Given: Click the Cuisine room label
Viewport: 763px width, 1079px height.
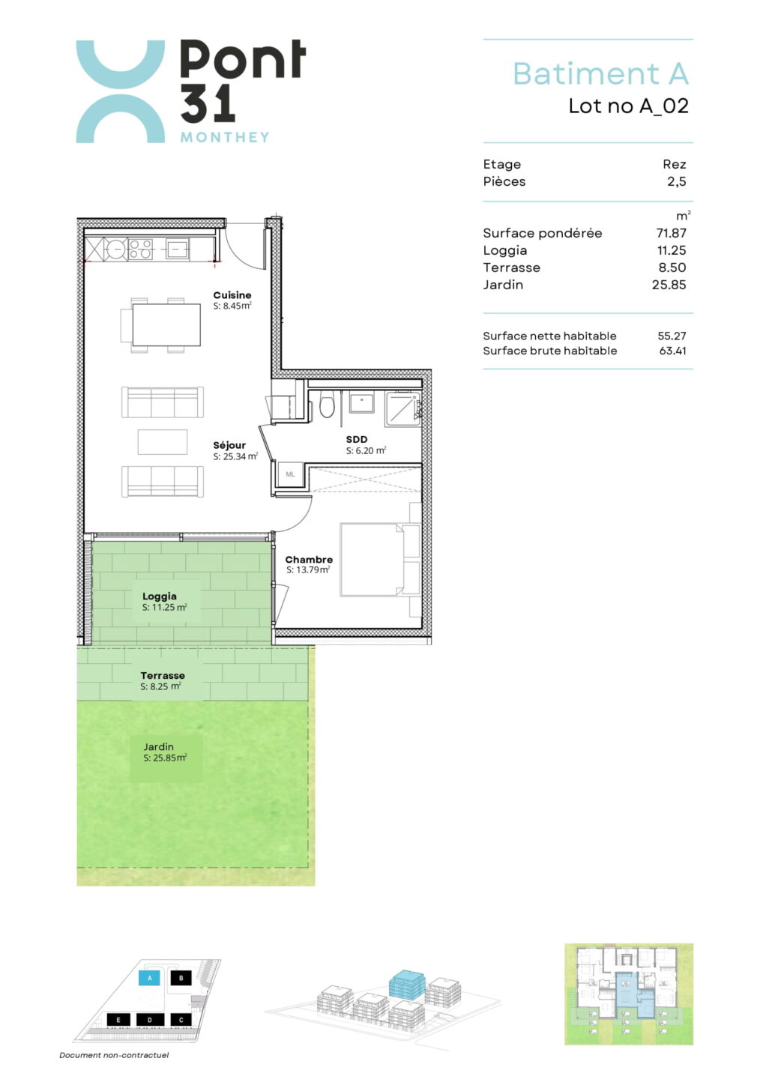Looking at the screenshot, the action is [232, 294].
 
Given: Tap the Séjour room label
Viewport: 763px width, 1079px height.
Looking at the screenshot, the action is [229, 446].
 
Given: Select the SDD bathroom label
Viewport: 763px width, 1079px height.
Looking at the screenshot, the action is [357, 439].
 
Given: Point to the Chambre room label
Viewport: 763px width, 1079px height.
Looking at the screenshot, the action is [309, 559].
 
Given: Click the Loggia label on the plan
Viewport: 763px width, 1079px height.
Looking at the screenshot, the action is [160, 596].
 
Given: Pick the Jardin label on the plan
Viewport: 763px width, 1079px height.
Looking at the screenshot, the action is [158, 746].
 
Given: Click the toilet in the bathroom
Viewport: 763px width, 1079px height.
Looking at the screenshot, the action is [327, 405].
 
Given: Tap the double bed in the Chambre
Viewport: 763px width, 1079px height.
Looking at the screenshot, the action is [380, 560].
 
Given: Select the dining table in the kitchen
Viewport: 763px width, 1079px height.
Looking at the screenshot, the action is [166, 324].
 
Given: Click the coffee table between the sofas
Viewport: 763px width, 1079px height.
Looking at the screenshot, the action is [163, 442].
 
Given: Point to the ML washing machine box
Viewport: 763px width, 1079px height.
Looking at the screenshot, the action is [290, 474].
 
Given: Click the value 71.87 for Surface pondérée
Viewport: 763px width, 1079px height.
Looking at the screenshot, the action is [671, 233].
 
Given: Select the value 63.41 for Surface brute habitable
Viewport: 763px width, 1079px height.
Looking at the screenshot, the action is [672, 351].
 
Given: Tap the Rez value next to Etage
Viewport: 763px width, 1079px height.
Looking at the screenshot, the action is [674, 164].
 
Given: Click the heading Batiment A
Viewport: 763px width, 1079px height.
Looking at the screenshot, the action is [600, 73].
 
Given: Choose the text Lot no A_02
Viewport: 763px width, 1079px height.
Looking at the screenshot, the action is [629, 106].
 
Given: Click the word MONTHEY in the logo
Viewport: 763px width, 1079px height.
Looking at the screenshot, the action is [225, 137].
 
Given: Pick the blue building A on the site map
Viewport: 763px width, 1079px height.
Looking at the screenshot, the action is [150, 978].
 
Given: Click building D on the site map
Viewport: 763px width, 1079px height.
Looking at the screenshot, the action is [150, 1020].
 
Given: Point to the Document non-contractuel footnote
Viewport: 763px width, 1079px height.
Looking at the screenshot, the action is [114, 1055].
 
